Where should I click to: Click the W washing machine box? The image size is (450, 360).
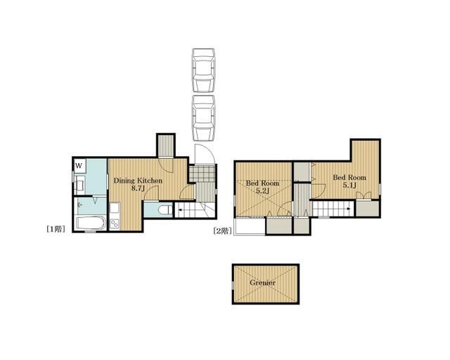79,166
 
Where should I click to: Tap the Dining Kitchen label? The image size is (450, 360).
138,181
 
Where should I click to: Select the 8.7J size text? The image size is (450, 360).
138,188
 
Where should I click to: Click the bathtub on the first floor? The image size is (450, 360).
90,223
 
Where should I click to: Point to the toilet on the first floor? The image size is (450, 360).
165,210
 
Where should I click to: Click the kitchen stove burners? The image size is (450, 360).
114,223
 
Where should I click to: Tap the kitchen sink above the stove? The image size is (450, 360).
114,209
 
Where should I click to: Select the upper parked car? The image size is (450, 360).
203,70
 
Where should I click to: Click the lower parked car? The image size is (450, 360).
203,118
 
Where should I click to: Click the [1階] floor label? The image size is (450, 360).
56,229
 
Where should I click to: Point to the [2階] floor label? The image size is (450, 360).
223,231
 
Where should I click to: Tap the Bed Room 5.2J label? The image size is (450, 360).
262,186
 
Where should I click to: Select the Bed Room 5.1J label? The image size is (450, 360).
349,181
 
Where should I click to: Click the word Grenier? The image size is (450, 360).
262,283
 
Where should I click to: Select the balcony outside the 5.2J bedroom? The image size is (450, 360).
250,227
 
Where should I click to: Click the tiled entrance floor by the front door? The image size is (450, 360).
202,174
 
